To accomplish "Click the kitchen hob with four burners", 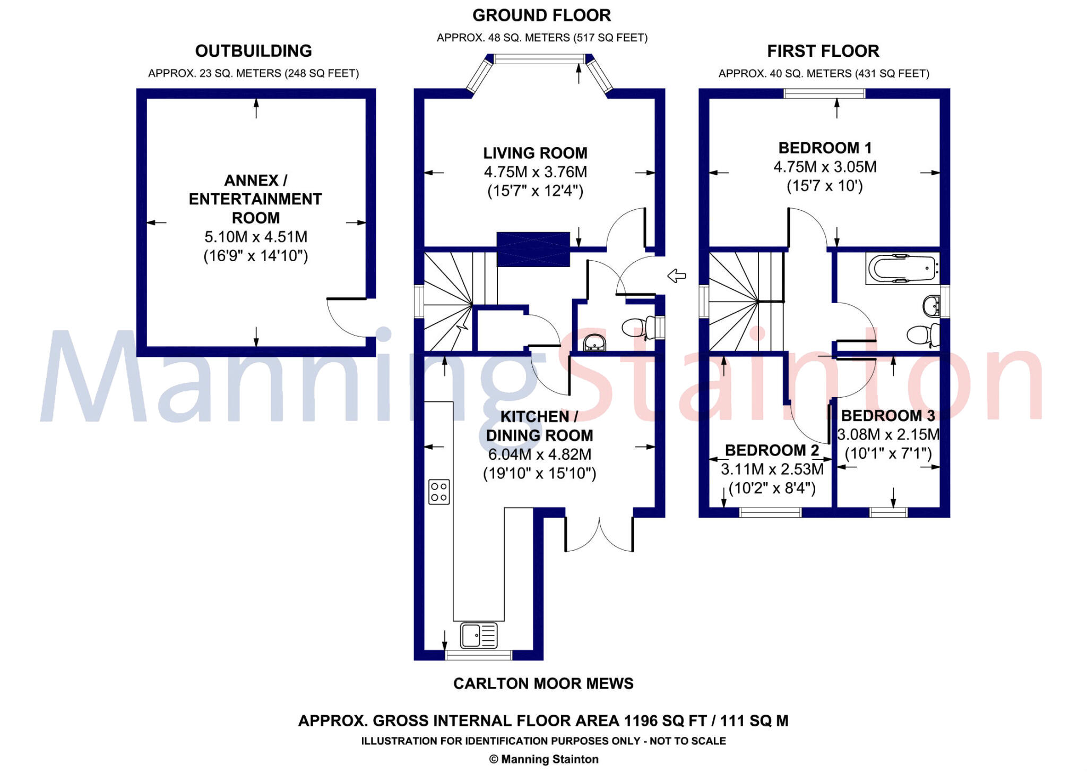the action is [x=439, y=492].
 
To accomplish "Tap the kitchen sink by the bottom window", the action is [x=479, y=635].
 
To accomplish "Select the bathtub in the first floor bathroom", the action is [x=901, y=269].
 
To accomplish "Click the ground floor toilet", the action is [x=637, y=328].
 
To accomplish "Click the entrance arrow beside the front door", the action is [x=676, y=276].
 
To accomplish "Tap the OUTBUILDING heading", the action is [x=253, y=51].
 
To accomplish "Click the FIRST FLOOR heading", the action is [x=823, y=51].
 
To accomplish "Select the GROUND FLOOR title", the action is [x=541, y=15].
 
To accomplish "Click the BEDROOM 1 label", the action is [x=825, y=148].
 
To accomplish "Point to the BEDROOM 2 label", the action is [x=772, y=450].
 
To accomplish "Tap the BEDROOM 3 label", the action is [x=887, y=415].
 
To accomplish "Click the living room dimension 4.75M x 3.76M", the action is [x=535, y=172].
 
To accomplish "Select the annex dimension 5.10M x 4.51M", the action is [x=256, y=237].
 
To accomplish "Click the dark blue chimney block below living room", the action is [x=533, y=249].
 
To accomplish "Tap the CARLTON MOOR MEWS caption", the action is [x=543, y=683].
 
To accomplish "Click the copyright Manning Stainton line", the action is [x=543, y=759].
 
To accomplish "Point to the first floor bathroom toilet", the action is [x=922, y=335].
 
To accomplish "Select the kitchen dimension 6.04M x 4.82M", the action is [x=539, y=454].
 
